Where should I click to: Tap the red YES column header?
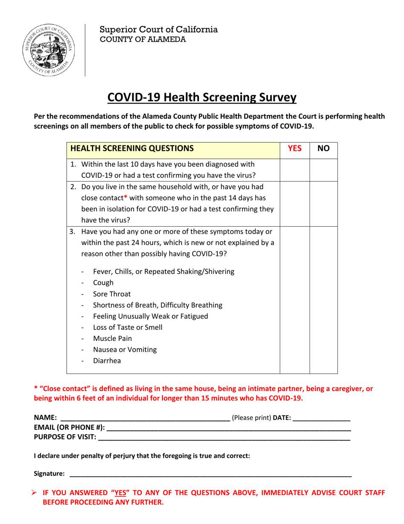click(295, 149)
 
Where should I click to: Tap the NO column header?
click(323, 149)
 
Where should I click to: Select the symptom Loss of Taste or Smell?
click(128, 327)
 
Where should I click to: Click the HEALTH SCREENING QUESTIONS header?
click(132, 149)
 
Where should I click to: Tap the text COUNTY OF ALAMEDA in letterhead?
click(142, 40)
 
